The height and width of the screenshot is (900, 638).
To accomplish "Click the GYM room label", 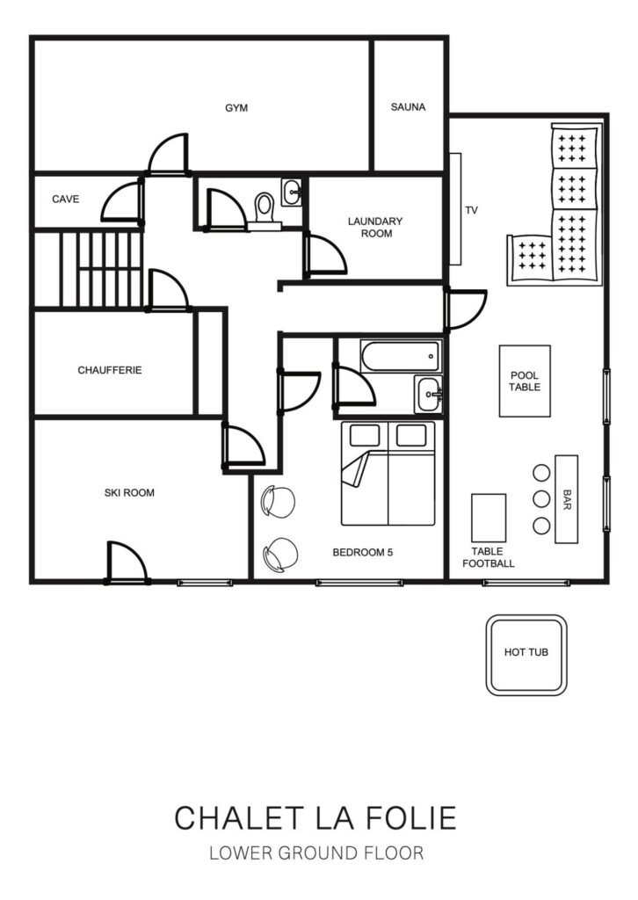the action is click(x=236, y=108).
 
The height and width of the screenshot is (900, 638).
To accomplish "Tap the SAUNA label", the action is click(x=408, y=106).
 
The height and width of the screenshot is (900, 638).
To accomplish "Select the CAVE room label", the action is click(x=65, y=200).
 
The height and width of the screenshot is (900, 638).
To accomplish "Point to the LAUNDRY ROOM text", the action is click(x=376, y=228).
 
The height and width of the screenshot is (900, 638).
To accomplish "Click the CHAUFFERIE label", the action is click(x=110, y=370).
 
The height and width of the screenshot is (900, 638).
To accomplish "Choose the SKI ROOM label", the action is click(x=129, y=492).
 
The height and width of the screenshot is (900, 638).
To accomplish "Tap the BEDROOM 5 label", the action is click(x=363, y=552).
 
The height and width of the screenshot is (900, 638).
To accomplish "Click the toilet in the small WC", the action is click(x=265, y=211).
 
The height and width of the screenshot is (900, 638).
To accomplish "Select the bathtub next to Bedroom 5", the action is click(x=401, y=356).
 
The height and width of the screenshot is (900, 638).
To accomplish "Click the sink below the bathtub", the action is click(x=429, y=394).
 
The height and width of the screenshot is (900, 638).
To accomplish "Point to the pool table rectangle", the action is click(x=525, y=381).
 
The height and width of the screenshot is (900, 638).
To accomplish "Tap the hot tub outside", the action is click(x=526, y=655).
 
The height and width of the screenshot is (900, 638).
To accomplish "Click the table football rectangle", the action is click(x=489, y=518).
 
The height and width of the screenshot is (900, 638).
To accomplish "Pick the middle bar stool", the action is click(x=541, y=499).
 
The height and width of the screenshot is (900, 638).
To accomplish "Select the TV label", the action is click(x=471, y=210).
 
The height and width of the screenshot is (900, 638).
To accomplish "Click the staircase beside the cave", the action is click(x=89, y=269).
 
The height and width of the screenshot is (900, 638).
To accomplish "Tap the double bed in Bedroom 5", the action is click(x=388, y=474).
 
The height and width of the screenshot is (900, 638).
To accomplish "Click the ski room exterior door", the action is click(x=127, y=562).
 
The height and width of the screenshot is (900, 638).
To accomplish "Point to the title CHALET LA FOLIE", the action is click(x=315, y=818).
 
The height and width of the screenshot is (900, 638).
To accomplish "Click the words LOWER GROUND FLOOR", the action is click(x=316, y=853).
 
